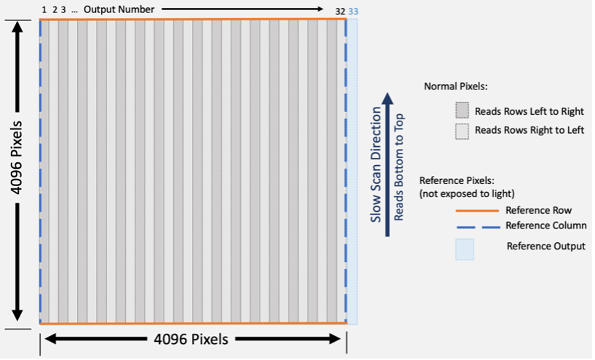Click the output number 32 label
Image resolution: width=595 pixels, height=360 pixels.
(340, 11)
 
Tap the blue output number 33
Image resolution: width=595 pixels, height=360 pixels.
(353, 11)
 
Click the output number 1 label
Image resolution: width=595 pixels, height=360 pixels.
(44, 10)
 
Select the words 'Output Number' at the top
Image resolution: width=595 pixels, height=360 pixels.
(119, 9)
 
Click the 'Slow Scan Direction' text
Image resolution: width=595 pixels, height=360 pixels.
(375, 164)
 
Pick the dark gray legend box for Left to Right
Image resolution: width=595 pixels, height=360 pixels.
(463, 111)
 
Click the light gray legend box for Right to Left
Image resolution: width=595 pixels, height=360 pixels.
(463, 131)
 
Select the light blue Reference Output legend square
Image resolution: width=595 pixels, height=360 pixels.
(464, 248)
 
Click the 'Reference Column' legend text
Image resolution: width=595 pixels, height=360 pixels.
(546, 225)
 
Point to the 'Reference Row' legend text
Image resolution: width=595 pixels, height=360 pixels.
(537, 210)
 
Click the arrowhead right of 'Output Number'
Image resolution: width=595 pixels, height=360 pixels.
(318, 9)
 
